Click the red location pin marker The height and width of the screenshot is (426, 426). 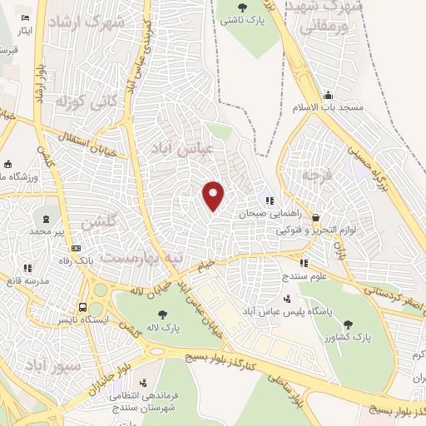(x=214, y=196)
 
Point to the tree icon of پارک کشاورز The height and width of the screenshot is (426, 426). (x=347, y=325)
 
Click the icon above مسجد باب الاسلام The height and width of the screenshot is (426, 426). (x=329, y=95)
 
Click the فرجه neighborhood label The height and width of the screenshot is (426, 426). (x=318, y=176)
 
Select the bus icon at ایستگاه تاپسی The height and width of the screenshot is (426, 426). (x=82, y=304)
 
